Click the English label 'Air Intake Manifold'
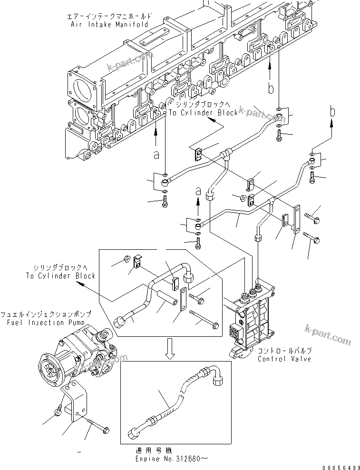(108, 24)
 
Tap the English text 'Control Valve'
(284, 358)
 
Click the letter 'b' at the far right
(332, 113)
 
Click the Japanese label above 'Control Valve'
(284, 350)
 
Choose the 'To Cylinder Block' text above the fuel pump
(60, 275)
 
